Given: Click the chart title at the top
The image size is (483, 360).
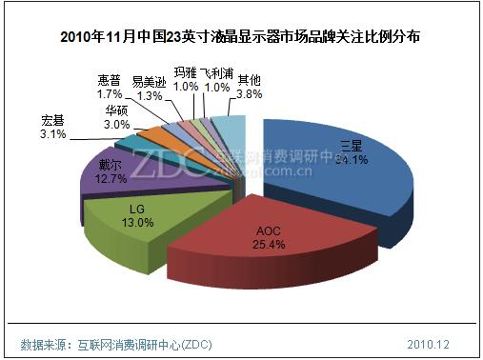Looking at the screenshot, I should (241, 39).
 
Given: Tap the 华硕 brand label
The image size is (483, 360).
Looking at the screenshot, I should (117, 110).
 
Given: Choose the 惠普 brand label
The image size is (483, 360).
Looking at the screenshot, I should (110, 81).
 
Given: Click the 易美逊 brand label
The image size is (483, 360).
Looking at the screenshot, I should (148, 81).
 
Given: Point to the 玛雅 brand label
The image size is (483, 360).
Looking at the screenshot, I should (187, 72).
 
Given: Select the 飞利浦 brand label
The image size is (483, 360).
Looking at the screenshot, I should (217, 72).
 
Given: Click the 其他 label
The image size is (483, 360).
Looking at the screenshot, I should (249, 80).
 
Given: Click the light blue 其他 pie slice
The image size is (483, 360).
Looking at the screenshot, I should (231, 130).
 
